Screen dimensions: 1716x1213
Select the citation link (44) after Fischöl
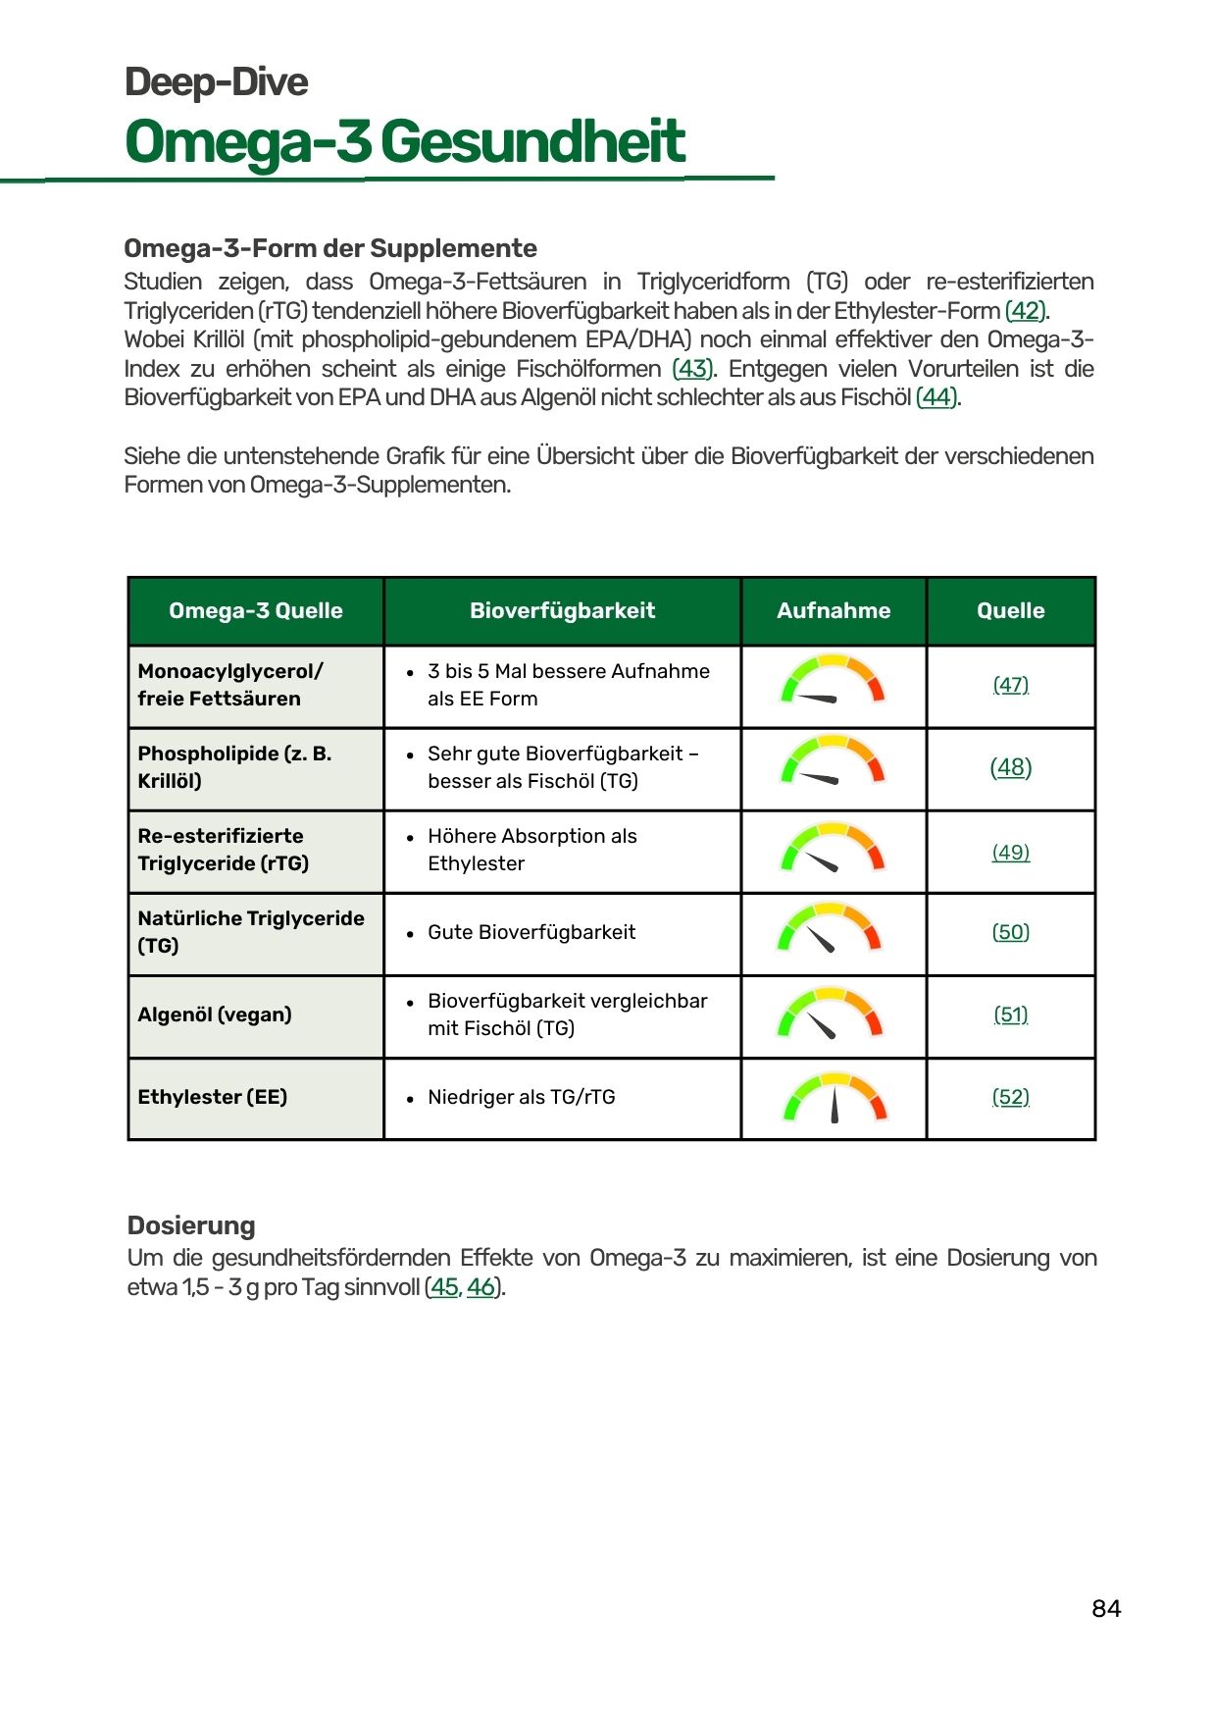tap(936, 397)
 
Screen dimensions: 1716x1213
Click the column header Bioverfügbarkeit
tap(562, 610)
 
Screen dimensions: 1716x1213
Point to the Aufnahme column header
tap(834, 610)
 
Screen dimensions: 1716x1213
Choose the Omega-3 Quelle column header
tap(256, 610)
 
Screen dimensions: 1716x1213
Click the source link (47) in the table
tap(1011, 685)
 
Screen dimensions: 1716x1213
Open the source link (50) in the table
tap(1011, 932)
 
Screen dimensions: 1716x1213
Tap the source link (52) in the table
tap(1011, 1097)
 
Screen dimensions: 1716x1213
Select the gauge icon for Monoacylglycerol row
tap(833, 682)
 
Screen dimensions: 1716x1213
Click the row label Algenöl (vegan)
tap(215, 1014)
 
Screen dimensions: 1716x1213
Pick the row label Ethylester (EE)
tap(213, 1097)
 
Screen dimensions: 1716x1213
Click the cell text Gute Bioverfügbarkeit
tap(531, 932)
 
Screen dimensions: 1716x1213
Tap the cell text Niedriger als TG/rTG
tap(522, 1097)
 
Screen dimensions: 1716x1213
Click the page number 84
tap(1106, 1608)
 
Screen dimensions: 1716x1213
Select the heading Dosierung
tap(191, 1225)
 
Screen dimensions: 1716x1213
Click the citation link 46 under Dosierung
tap(480, 1287)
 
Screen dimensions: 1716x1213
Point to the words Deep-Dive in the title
tap(217, 82)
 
